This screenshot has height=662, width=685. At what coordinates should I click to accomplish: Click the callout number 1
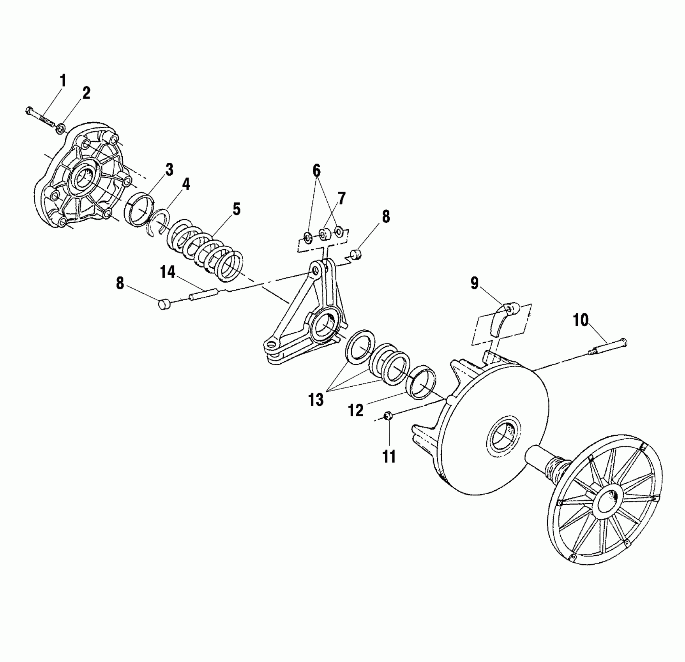click(x=62, y=81)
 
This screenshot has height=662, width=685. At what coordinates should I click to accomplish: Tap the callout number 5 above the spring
click(x=237, y=209)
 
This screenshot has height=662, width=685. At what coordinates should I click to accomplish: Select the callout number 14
click(x=168, y=272)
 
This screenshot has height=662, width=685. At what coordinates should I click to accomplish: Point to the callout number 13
click(x=316, y=400)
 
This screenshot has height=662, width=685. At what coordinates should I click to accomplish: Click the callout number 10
click(x=581, y=320)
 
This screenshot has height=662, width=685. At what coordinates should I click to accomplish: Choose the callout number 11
click(x=389, y=456)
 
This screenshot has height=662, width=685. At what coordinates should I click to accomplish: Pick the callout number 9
click(x=474, y=283)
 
